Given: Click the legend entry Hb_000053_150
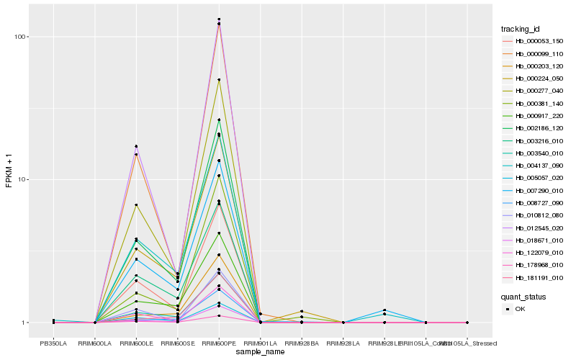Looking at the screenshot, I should coord(534,41).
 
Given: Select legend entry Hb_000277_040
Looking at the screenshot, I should coord(534,91).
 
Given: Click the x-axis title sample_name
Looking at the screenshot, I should coord(260,352).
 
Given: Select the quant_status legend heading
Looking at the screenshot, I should coord(523,296).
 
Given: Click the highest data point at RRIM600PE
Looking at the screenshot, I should coord(219,19).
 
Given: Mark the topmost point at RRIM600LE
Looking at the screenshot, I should coord(136,146).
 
